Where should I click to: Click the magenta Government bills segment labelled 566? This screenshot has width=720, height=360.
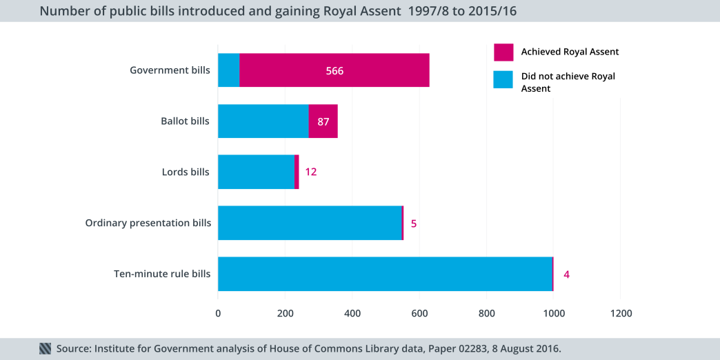334,70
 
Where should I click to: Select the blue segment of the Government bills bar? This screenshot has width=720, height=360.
229,70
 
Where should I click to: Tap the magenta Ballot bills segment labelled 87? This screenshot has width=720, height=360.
323,121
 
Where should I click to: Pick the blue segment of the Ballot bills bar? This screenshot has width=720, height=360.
263,121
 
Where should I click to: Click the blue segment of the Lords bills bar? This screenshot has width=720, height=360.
256,172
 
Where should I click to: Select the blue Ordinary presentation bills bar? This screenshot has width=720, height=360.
310,223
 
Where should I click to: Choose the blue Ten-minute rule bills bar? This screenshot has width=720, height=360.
385,274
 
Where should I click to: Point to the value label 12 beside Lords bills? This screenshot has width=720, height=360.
311,172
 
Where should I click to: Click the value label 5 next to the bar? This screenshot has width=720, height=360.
414,223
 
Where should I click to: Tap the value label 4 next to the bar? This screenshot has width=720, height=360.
566,274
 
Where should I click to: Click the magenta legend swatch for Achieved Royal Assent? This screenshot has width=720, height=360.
503,52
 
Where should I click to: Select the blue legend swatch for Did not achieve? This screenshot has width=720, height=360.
503,79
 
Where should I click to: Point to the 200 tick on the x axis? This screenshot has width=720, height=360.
286,313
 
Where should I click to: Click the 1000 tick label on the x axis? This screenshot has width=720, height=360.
554,313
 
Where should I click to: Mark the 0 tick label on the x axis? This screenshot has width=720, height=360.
218,313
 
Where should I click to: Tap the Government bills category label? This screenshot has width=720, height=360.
170,70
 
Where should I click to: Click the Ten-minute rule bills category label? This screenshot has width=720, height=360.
162,274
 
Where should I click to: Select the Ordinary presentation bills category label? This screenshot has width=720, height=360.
148,223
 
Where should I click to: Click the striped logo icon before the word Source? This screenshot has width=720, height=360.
46,349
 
